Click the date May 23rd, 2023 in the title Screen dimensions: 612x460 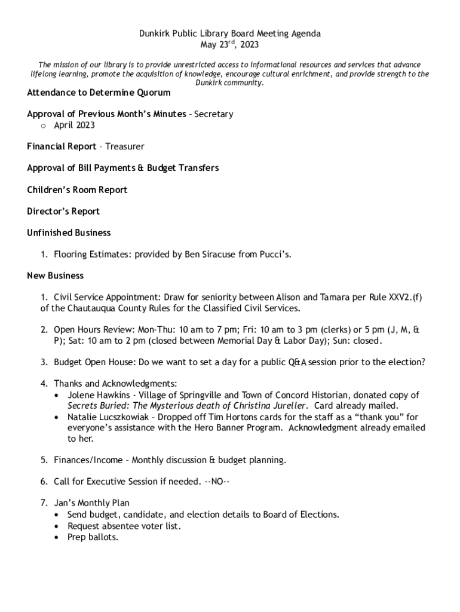tap(230, 45)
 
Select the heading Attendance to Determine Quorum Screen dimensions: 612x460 tap(99, 93)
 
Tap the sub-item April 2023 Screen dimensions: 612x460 tap(74, 125)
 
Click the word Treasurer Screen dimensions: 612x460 tap(125, 146)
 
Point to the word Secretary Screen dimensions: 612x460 tap(213, 114)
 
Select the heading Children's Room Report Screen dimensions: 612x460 tap(77, 190)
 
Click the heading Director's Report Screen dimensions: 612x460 tap(63, 212)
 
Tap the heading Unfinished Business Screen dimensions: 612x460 tap(69, 233)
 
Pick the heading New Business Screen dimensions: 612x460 tap(56, 276)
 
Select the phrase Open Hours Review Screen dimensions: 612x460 tap(94, 330)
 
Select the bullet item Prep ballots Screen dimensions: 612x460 tap(93, 537)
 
